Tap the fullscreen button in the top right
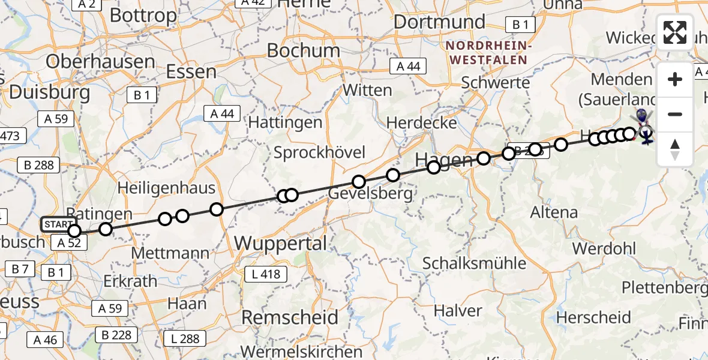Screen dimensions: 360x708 [675, 32]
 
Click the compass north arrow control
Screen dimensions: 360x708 [675, 149]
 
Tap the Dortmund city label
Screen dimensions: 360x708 [440, 22]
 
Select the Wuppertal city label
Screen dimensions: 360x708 [281, 244]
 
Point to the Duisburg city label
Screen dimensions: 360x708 [50, 92]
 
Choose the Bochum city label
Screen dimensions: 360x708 [299, 50]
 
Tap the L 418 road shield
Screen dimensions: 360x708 [266, 274]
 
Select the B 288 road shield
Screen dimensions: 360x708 [40, 165]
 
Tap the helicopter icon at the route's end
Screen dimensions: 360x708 [646, 136]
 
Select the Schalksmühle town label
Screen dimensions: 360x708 [475, 263]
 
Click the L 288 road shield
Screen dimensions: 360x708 [181, 338]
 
